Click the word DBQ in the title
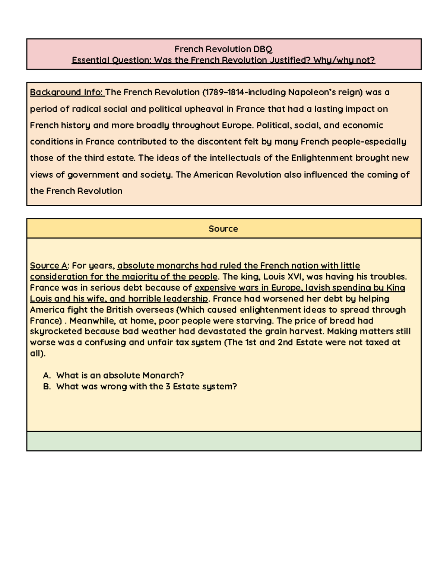(263, 49)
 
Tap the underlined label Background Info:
(67, 92)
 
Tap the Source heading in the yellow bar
(223, 229)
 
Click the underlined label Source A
(49, 266)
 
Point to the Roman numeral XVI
(296, 277)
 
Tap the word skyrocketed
(56, 332)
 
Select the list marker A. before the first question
(47, 375)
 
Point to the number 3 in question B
(168, 386)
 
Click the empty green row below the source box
(223, 441)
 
